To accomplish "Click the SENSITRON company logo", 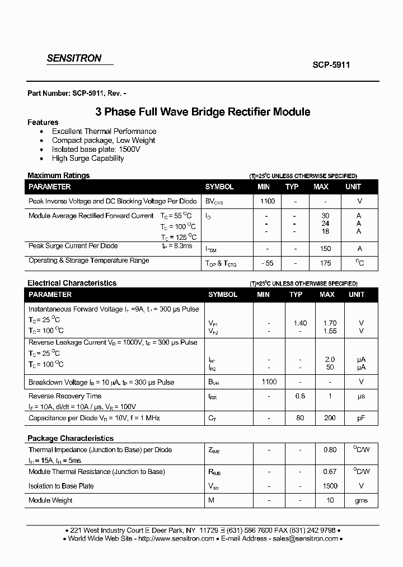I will [x=73, y=58].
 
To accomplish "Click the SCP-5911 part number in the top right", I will [x=331, y=64].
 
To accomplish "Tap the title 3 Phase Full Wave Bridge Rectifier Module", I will [x=203, y=111].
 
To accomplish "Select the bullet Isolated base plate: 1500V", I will [x=96, y=149].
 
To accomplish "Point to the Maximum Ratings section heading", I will [x=58, y=175].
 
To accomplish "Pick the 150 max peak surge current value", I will [x=325, y=248].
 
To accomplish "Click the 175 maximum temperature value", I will [x=325, y=263].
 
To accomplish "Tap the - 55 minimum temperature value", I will [x=267, y=263].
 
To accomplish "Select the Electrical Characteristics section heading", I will [x=72, y=283].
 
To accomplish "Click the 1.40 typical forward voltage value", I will [x=300, y=323].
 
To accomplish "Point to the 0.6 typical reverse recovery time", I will [x=300, y=396].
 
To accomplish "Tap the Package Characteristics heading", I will [x=71, y=438].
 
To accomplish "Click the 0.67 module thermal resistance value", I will [x=330, y=472].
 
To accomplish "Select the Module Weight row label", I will [x=50, y=500].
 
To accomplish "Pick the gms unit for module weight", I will [x=361, y=500].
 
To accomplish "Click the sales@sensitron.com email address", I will [x=305, y=538].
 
